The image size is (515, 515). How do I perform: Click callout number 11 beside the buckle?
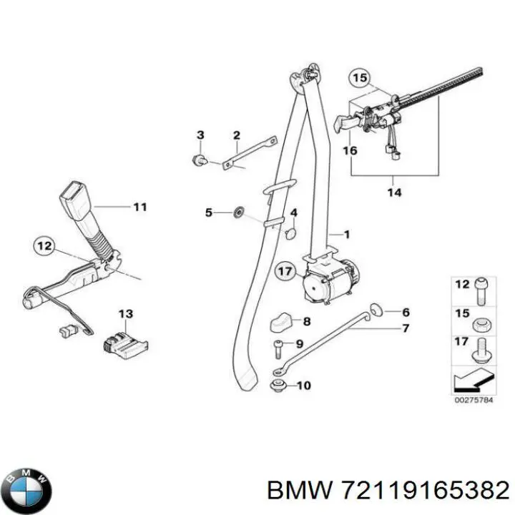click(139, 207)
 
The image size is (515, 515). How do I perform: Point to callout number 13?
click(126, 314)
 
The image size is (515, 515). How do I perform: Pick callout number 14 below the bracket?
click(395, 192)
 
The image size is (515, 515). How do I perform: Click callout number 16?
click(350, 151)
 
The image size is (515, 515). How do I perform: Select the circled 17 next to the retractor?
click(285, 271)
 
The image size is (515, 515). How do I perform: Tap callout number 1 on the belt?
click(347, 234)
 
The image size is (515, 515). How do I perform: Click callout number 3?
click(200, 135)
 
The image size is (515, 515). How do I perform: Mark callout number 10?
click(303, 386)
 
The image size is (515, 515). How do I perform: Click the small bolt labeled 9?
click(278, 350)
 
